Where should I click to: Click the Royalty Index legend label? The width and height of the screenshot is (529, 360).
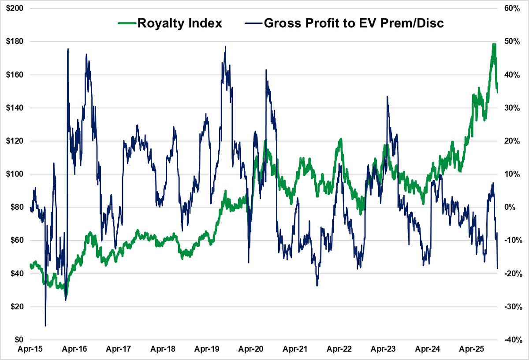click(x=179, y=23)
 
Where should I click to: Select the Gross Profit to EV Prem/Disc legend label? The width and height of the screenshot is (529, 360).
click(x=354, y=23)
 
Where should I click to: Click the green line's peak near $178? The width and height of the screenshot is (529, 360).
click(x=494, y=45)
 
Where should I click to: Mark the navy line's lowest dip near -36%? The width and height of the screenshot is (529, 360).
click(x=45, y=326)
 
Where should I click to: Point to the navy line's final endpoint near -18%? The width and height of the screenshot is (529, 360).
click(x=498, y=268)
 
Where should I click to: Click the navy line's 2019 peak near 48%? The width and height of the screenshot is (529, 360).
click(x=225, y=46)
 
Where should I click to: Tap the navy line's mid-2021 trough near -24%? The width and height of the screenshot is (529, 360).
click(x=317, y=286)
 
